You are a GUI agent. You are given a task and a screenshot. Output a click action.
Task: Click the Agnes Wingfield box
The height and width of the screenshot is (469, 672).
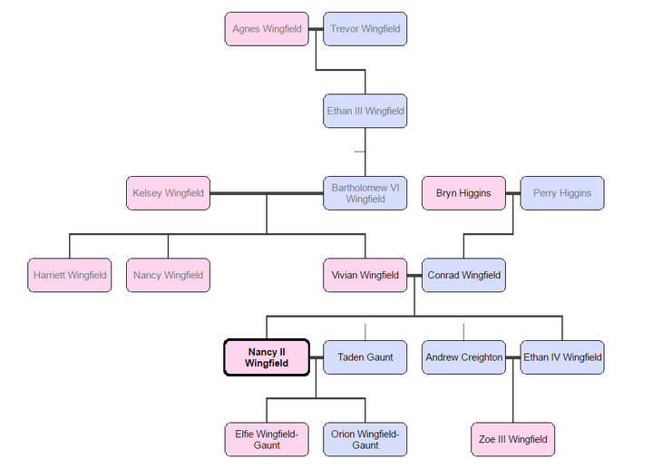(267, 29)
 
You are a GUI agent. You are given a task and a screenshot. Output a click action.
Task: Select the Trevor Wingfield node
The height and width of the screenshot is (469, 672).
(365, 29)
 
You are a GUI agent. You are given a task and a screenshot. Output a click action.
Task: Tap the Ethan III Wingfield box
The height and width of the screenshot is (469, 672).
(365, 112)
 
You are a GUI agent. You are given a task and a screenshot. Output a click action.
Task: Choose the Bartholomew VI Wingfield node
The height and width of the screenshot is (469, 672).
(365, 193)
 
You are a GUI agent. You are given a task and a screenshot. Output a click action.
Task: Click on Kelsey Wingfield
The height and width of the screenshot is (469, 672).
(169, 193)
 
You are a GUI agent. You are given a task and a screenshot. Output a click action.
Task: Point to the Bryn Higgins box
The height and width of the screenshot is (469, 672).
(463, 193)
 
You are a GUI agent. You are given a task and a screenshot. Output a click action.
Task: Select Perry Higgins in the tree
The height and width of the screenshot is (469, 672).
(561, 193)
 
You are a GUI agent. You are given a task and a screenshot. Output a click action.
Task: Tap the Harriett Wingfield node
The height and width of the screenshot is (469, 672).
(70, 275)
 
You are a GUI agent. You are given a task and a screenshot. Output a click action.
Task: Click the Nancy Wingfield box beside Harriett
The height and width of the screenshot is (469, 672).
(169, 275)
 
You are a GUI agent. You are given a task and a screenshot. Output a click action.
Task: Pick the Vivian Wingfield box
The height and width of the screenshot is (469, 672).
(365, 275)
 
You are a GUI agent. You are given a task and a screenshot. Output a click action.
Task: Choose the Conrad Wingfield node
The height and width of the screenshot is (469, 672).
(463, 275)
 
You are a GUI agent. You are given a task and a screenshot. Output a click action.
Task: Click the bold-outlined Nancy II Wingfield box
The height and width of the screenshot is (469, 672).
(267, 357)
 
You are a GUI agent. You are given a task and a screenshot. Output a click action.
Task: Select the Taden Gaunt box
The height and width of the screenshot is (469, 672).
(365, 357)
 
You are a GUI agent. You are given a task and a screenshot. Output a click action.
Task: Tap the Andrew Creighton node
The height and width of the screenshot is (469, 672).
(463, 357)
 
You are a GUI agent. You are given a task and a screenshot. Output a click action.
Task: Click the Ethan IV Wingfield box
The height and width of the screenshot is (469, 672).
(561, 357)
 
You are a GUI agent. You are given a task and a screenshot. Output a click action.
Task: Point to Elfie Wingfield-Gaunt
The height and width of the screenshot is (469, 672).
(267, 439)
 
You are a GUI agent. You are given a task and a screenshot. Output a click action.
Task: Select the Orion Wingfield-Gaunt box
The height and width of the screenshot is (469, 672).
(365, 439)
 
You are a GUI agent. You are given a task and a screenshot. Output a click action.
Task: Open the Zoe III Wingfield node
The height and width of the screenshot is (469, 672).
(512, 439)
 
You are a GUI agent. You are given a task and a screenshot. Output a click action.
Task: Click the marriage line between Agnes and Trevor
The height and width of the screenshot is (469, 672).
(316, 29)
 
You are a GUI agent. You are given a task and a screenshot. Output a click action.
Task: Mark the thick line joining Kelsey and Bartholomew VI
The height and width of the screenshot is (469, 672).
(267, 193)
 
